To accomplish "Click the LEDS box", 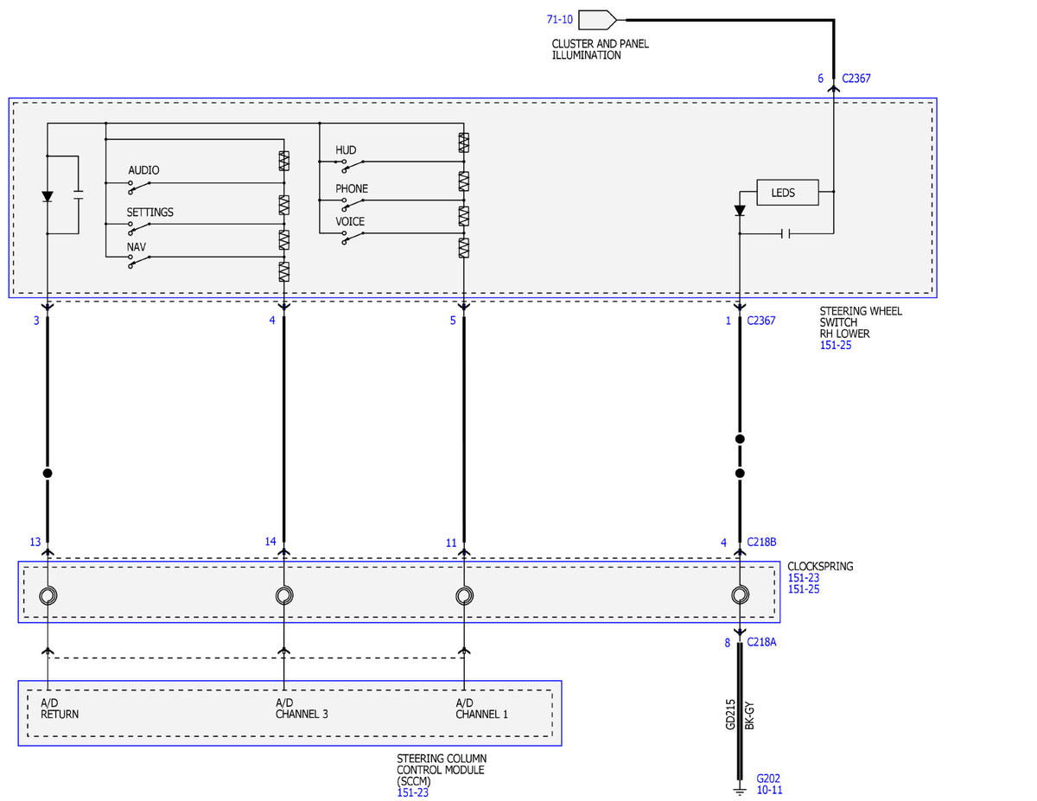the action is [787, 193].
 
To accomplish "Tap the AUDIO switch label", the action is [143, 170].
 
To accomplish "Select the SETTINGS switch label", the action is [150, 213].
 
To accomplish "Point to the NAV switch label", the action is [136, 247].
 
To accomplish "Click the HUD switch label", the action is [346, 150].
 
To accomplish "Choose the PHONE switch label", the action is [352, 189].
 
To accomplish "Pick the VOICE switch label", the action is [350, 222].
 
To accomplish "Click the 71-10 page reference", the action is [559, 20].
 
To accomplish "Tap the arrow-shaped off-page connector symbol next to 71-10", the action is [597, 20].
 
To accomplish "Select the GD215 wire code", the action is [730, 715].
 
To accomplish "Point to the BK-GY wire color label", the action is [750, 715].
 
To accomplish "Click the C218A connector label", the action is [761, 642].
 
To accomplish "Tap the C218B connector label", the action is [761, 542].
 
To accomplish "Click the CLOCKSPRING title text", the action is [820, 566].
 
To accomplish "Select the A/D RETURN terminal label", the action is [60, 709].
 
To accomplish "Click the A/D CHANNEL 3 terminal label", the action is [302, 709].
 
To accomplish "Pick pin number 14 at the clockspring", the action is [270, 542].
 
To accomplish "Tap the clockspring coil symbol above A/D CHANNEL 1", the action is [464, 596].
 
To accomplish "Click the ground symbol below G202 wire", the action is [740, 791].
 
